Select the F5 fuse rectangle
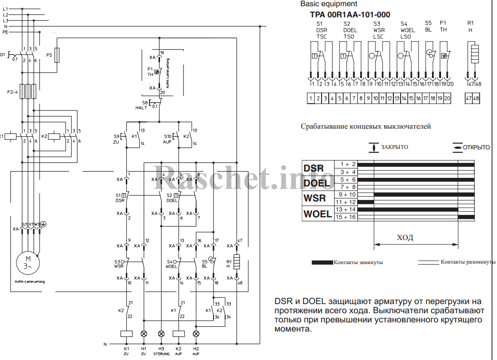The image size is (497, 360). click(x=57, y=55)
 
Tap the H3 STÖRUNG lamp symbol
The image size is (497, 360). click(x=161, y=333)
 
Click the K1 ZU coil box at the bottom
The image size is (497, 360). click(x=126, y=333)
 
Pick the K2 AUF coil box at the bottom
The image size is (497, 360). click(x=178, y=333)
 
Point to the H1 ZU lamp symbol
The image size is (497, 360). click(x=144, y=333)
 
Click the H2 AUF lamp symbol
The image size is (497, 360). click(x=196, y=333)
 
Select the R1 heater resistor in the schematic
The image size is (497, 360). click(x=237, y=262)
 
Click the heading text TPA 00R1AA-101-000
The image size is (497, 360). click(x=350, y=15)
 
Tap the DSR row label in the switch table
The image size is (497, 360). click(x=313, y=168)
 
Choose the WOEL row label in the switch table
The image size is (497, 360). click(x=317, y=213)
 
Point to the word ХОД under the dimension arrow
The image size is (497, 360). click(x=405, y=238)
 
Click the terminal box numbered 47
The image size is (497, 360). click(x=469, y=99)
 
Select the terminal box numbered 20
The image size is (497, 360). click(x=447, y=99)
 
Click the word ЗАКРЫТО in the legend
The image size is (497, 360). click(x=394, y=147)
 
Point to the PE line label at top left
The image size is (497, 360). click(x=5, y=32)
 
